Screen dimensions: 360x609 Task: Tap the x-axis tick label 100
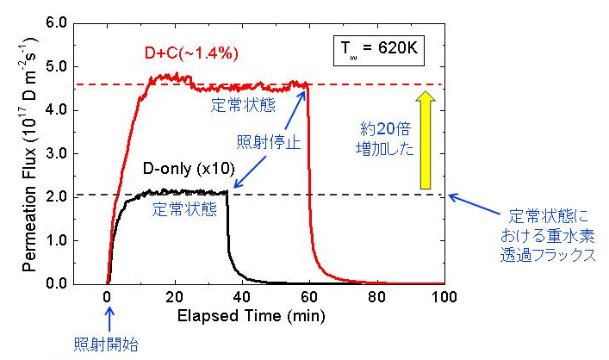(444, 297)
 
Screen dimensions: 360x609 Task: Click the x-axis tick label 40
(243, 297)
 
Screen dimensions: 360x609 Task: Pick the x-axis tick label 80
(377, 297)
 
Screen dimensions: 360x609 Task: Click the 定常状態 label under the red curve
(239, 106)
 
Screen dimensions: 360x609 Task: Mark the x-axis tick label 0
(108, 297)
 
